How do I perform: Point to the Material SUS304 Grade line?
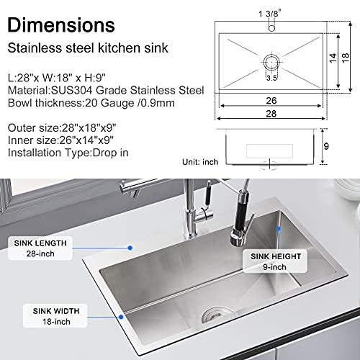click(x=105, y=90)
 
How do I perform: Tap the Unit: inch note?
click(x=201, y=162)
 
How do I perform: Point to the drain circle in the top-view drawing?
click(x=274, y=60)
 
